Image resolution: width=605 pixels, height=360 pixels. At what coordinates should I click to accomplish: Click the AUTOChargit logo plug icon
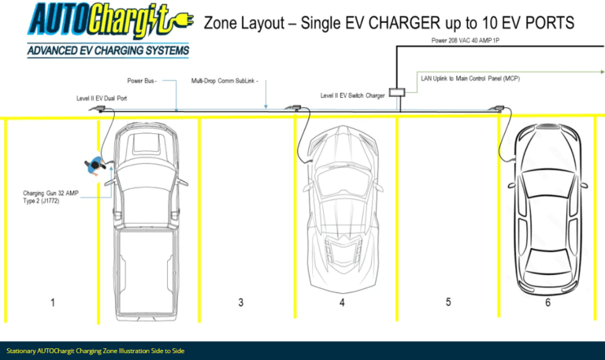(177, 22)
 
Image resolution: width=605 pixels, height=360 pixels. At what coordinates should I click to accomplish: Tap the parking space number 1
(53, 302)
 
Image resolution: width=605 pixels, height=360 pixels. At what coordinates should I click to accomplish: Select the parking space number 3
(240, 302)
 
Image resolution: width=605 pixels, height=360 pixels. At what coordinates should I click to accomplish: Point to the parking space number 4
(342, 302)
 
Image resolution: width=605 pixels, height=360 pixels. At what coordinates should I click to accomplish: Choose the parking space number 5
(447, 302)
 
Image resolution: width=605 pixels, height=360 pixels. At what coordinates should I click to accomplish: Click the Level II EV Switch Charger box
(397, 93)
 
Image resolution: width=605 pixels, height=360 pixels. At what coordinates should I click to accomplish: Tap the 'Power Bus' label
(142, 80)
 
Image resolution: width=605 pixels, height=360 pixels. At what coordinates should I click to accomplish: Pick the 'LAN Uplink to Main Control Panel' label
(470, 79)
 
